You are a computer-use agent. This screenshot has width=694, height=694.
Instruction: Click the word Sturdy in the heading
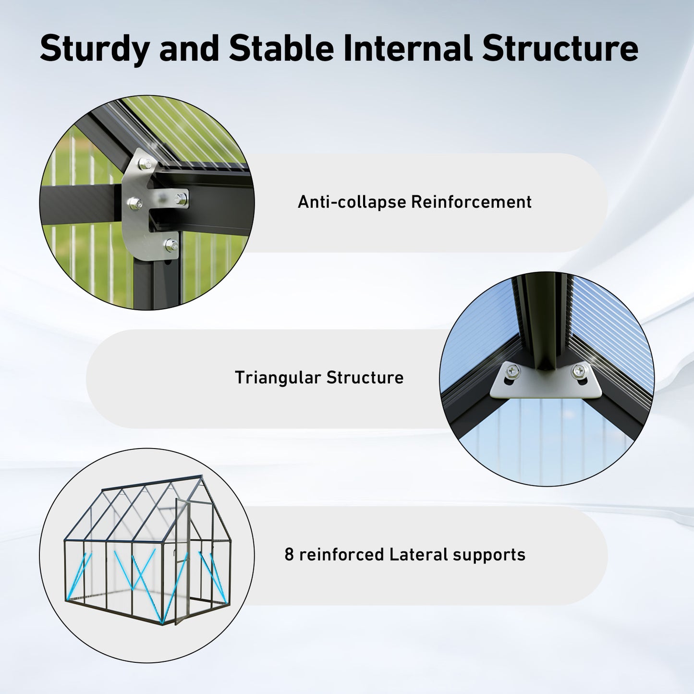point(95,49)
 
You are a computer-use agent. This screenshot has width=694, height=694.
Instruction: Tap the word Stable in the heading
point(281,49)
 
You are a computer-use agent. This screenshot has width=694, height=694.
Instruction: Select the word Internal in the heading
point(408,49)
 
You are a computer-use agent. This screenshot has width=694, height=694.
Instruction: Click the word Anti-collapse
point(352,202)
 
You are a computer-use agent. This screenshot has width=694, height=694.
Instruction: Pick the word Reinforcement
point(471,202)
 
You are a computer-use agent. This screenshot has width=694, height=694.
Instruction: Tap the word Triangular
point(277,378)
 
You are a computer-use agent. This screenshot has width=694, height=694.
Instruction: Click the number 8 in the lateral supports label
point(289,555)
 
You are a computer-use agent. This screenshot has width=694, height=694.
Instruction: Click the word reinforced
point(341,555)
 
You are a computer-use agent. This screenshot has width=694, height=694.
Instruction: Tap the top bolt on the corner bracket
point(144,164)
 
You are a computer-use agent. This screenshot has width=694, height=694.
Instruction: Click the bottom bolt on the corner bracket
point(170,245)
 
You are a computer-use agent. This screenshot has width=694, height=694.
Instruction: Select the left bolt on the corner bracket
point(134,204)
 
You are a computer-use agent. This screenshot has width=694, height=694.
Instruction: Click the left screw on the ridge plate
point(512,371)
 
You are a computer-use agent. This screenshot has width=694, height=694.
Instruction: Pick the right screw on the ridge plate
point(579,371)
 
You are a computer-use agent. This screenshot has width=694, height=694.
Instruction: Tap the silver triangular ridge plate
point(546,384)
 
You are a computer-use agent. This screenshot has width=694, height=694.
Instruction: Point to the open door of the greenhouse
point(182,562)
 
